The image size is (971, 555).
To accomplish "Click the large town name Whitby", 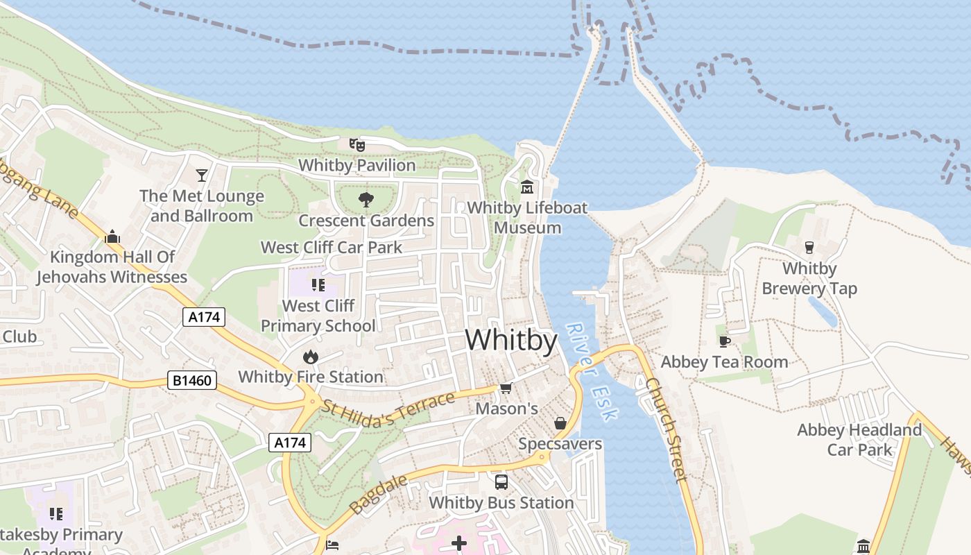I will tap(511, 341).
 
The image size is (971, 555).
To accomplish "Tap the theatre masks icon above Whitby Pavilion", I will tap(357, 145).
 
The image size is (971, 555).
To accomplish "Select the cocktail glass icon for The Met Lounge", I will tap(202, 175).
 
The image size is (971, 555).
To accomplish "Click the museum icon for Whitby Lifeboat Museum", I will tap(527, 187).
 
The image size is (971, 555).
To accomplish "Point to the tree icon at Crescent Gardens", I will tap(366, 200).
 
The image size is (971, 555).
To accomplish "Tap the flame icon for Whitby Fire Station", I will tap(310, 357).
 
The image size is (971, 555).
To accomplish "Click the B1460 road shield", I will tap(192, 380).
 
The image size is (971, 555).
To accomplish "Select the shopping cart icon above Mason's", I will tap(506, 388).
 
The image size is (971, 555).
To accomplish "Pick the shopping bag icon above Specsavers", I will tap(560, 423).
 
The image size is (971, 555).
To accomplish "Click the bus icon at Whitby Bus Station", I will tap(501, 481).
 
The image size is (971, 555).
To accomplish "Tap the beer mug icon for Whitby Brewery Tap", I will tap(809, 248).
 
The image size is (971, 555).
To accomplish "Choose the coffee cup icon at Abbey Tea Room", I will tap(724, 341).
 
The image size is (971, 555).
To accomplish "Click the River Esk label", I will tap(591, 372).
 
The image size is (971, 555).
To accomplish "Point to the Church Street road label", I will tap(667, 430).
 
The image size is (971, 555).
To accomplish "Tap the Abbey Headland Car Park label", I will tap(859, 440).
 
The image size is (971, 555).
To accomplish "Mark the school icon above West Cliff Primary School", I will tap(318, 285).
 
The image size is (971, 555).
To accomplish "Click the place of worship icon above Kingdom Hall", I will tap(112, 237).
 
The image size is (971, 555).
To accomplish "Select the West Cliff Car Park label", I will tap(331, 247).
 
